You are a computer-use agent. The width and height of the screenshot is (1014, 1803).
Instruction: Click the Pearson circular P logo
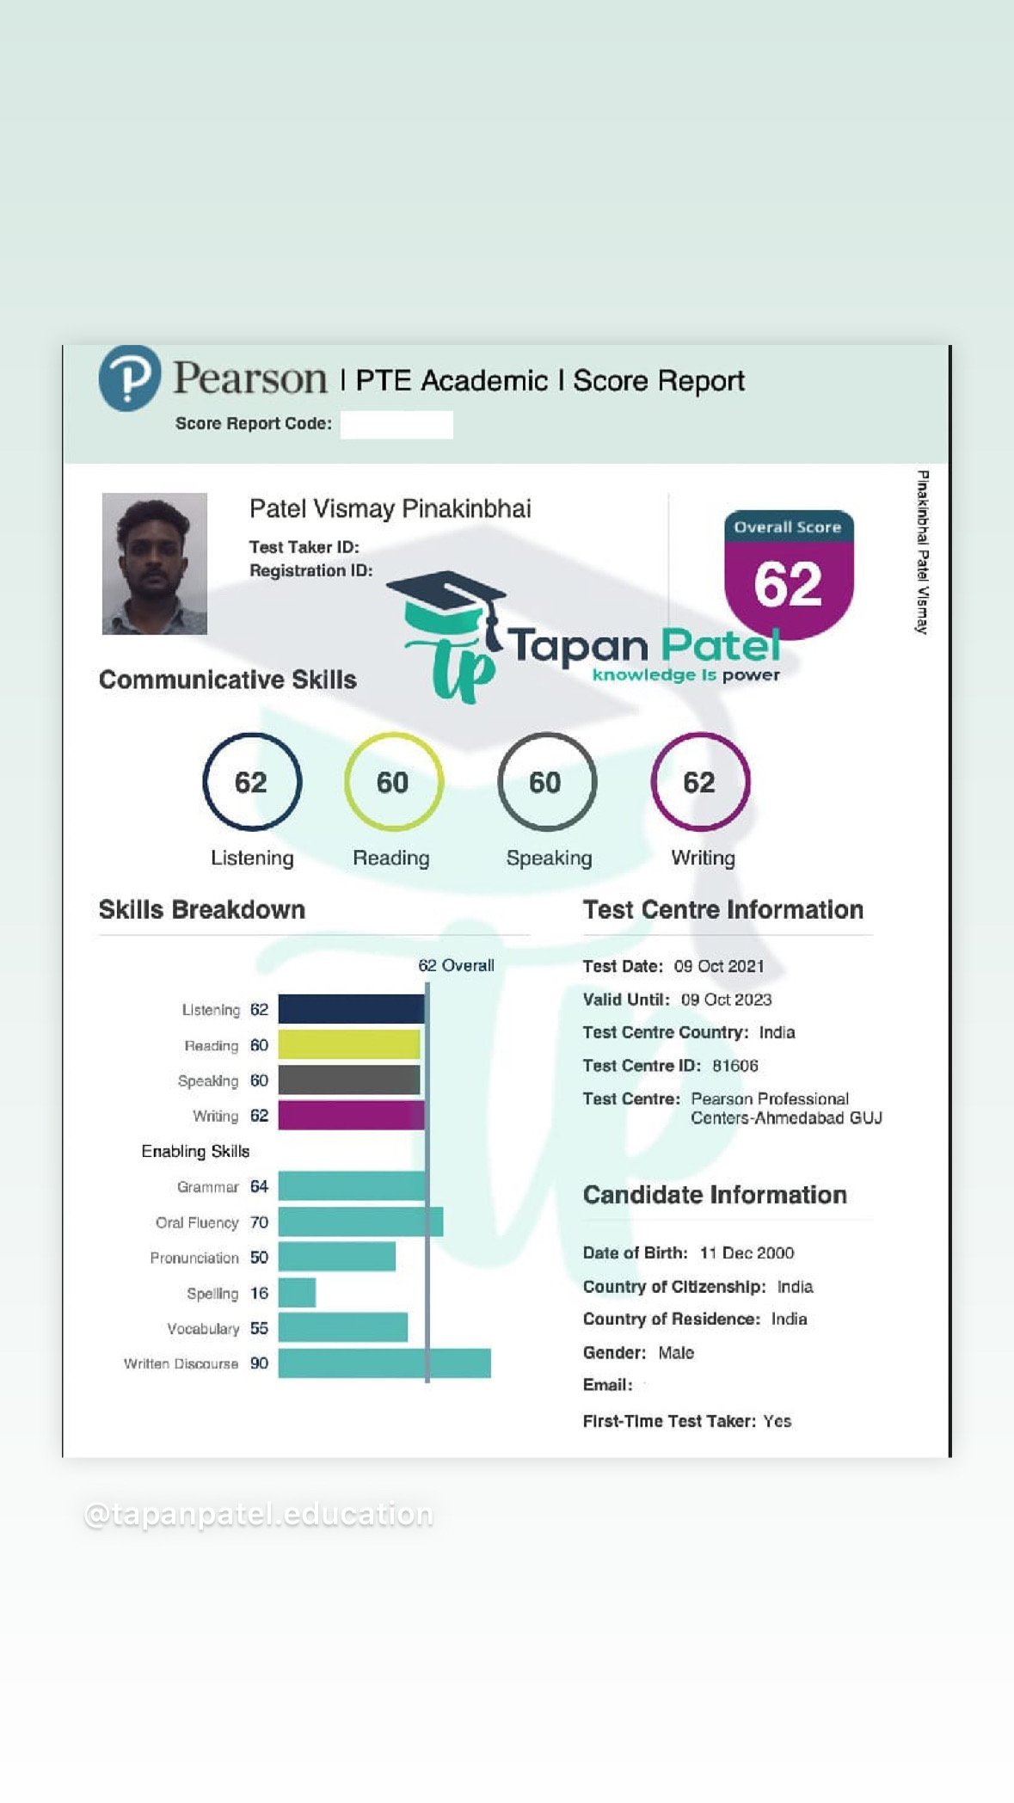click(129, 378)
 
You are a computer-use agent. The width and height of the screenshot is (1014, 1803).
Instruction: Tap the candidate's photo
click(155, 563)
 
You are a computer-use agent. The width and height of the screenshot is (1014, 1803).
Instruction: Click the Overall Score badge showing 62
click(789, 572)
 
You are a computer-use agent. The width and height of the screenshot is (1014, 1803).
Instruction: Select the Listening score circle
click(252, 782)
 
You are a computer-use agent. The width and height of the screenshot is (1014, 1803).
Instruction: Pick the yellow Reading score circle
click(393, 782)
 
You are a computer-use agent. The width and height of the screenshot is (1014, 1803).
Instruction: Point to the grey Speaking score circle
click(546, 782)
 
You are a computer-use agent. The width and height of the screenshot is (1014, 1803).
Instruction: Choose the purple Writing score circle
click(700, 782)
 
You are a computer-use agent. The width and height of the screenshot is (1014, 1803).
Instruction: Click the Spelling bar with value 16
click(297, 1293)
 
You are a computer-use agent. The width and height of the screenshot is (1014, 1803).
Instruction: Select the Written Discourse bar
click(384, 1363)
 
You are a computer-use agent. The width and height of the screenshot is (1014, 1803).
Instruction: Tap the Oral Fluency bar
click(360, 1222)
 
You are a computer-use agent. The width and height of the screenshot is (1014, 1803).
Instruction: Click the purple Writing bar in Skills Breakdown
click(351, 1116)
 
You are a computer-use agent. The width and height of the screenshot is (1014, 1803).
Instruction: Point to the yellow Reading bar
click(348, 1045)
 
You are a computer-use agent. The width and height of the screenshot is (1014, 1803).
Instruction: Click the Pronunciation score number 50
click(259, 1258)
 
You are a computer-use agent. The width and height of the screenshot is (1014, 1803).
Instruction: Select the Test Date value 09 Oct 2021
click(719, 966)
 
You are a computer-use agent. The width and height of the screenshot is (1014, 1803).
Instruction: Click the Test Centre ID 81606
click(735, 1066)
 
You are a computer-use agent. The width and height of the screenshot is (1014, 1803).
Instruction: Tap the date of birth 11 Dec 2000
click(747, 1253)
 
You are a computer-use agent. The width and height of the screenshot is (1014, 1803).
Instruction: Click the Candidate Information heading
click(715, 1195)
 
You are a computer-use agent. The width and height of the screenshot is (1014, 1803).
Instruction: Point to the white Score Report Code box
click(396, 425)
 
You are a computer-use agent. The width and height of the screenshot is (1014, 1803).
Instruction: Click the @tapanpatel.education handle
click(259, 1515)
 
